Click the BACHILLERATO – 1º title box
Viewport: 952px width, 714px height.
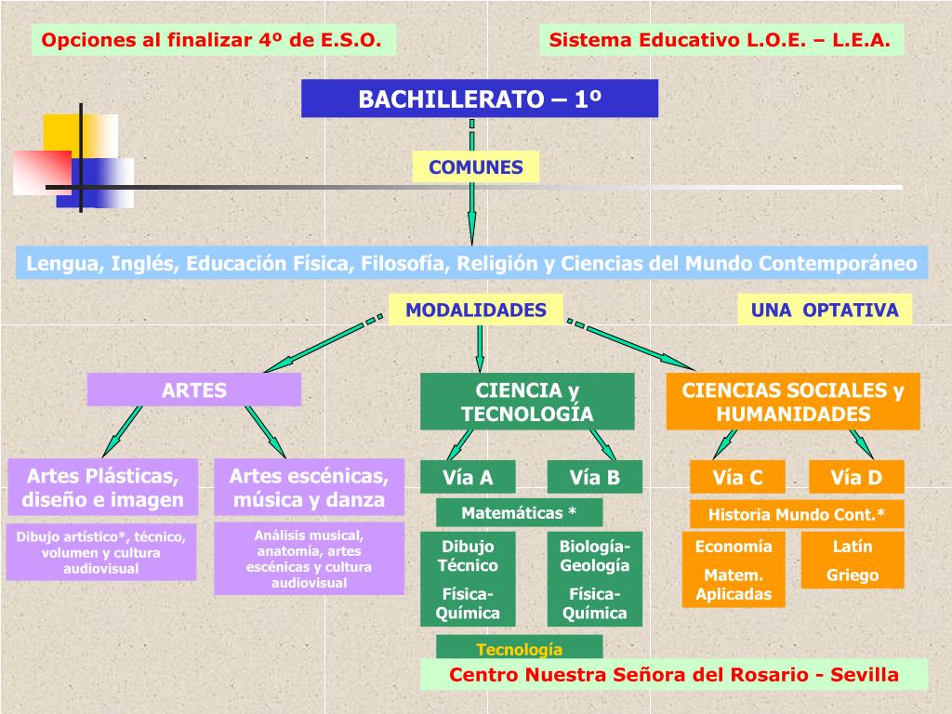(479, 99)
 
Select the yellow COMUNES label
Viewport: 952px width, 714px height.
(475, 167)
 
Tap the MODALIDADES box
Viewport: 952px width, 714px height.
(476, 310)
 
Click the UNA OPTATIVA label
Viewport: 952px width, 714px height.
(825, 310)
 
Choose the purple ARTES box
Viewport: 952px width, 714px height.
(194, 390)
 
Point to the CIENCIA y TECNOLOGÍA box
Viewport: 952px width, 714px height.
(527, 402)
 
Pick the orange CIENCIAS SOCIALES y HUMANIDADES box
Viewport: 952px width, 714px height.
(793, 402)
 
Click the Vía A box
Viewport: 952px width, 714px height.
(468, 478)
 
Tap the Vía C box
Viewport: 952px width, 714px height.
(737, 478)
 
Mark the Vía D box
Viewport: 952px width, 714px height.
(855, 478)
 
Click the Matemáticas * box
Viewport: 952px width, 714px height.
(519, 512)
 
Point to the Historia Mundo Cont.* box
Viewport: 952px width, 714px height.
(797, 514)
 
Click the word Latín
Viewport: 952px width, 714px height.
(853, 547)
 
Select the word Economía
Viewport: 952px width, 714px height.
(734, 547)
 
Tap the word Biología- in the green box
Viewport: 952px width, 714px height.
(594, 546)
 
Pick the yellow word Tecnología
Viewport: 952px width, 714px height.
(520, 648)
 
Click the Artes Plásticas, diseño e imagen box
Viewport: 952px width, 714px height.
(104, 488)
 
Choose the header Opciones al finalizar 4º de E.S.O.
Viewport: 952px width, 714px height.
(213, 40)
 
